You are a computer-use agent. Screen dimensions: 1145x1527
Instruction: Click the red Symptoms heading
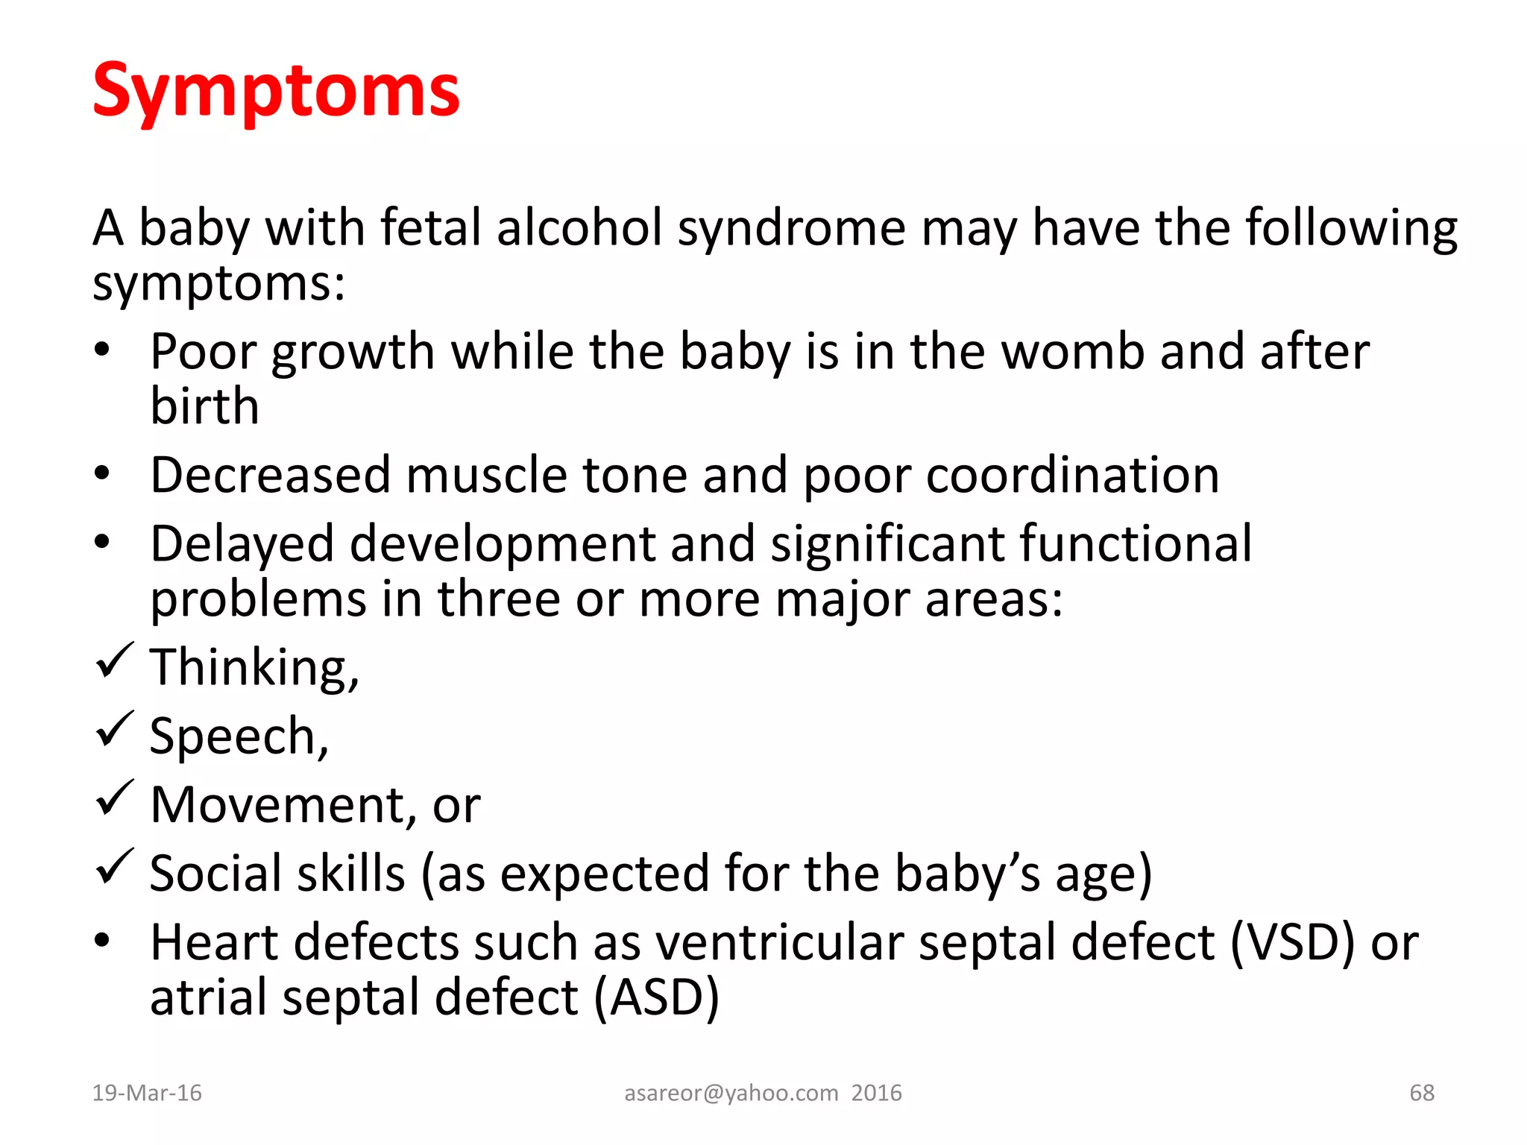pos(276,91)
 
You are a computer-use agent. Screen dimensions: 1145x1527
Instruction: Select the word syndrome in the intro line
pos(791,228)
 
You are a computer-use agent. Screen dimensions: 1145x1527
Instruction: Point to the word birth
pos(204,406)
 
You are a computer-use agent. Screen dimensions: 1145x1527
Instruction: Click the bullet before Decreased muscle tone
pos(102,473)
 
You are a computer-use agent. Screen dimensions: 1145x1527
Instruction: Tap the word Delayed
pos(242,544)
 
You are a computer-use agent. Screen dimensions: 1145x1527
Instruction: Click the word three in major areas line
pos(498,599)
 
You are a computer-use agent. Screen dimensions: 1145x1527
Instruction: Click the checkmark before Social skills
pos(115,867)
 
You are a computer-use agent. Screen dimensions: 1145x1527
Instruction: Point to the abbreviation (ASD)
pos(657,997)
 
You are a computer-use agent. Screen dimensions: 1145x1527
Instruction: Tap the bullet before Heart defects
pos(102,941)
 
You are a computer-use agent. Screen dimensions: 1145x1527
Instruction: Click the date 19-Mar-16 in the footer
pos(147,1093)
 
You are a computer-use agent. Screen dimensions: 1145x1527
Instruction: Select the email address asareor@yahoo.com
pos(731,1093)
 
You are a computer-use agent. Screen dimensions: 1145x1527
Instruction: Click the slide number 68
pos(1422,1093)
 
